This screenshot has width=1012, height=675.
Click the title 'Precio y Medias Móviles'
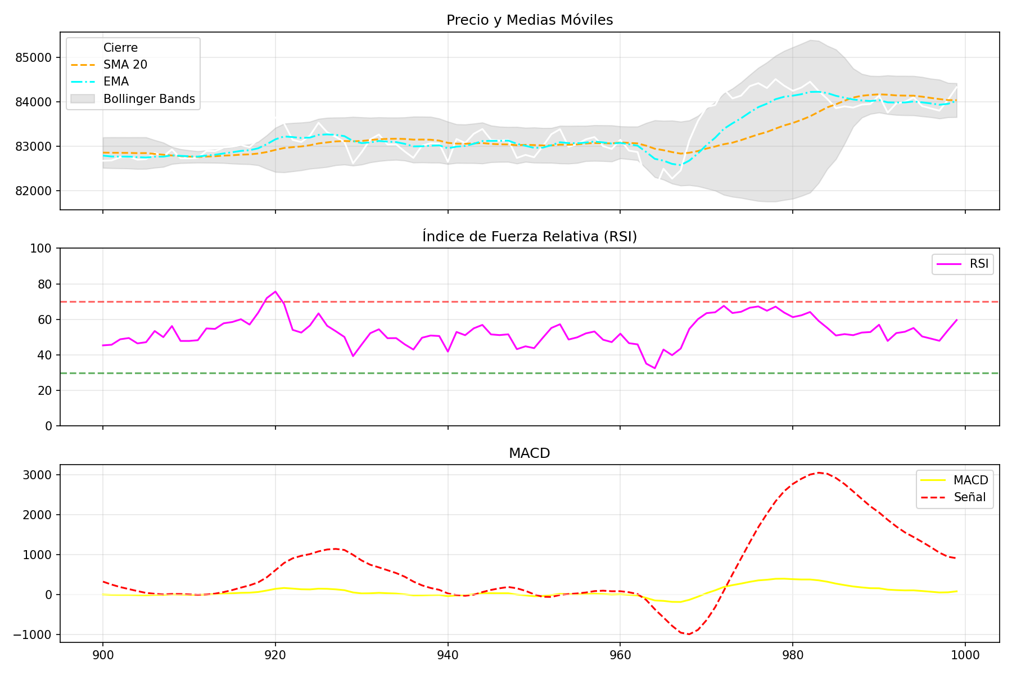point(529,20)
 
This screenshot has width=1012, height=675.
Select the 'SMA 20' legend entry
point(125,65)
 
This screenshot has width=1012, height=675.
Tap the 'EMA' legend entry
point(116,82)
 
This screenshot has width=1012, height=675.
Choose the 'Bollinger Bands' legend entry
point(149,99)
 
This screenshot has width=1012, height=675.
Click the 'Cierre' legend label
point(120,48)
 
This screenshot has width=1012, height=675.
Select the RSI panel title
point(529,237)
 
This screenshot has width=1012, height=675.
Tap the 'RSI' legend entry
point(979,264)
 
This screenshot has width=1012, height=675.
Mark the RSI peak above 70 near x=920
point(275,291)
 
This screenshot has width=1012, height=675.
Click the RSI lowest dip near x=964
point(655,368)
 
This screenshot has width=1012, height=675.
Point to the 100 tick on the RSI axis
point(43,248)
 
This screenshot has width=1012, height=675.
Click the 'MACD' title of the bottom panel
point(529,453)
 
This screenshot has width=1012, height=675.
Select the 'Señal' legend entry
point(970,497)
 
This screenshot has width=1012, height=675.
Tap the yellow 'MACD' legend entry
point(970,480)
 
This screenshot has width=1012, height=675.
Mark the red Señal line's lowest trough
point(688,634)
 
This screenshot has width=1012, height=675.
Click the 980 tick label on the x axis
point(792,655)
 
